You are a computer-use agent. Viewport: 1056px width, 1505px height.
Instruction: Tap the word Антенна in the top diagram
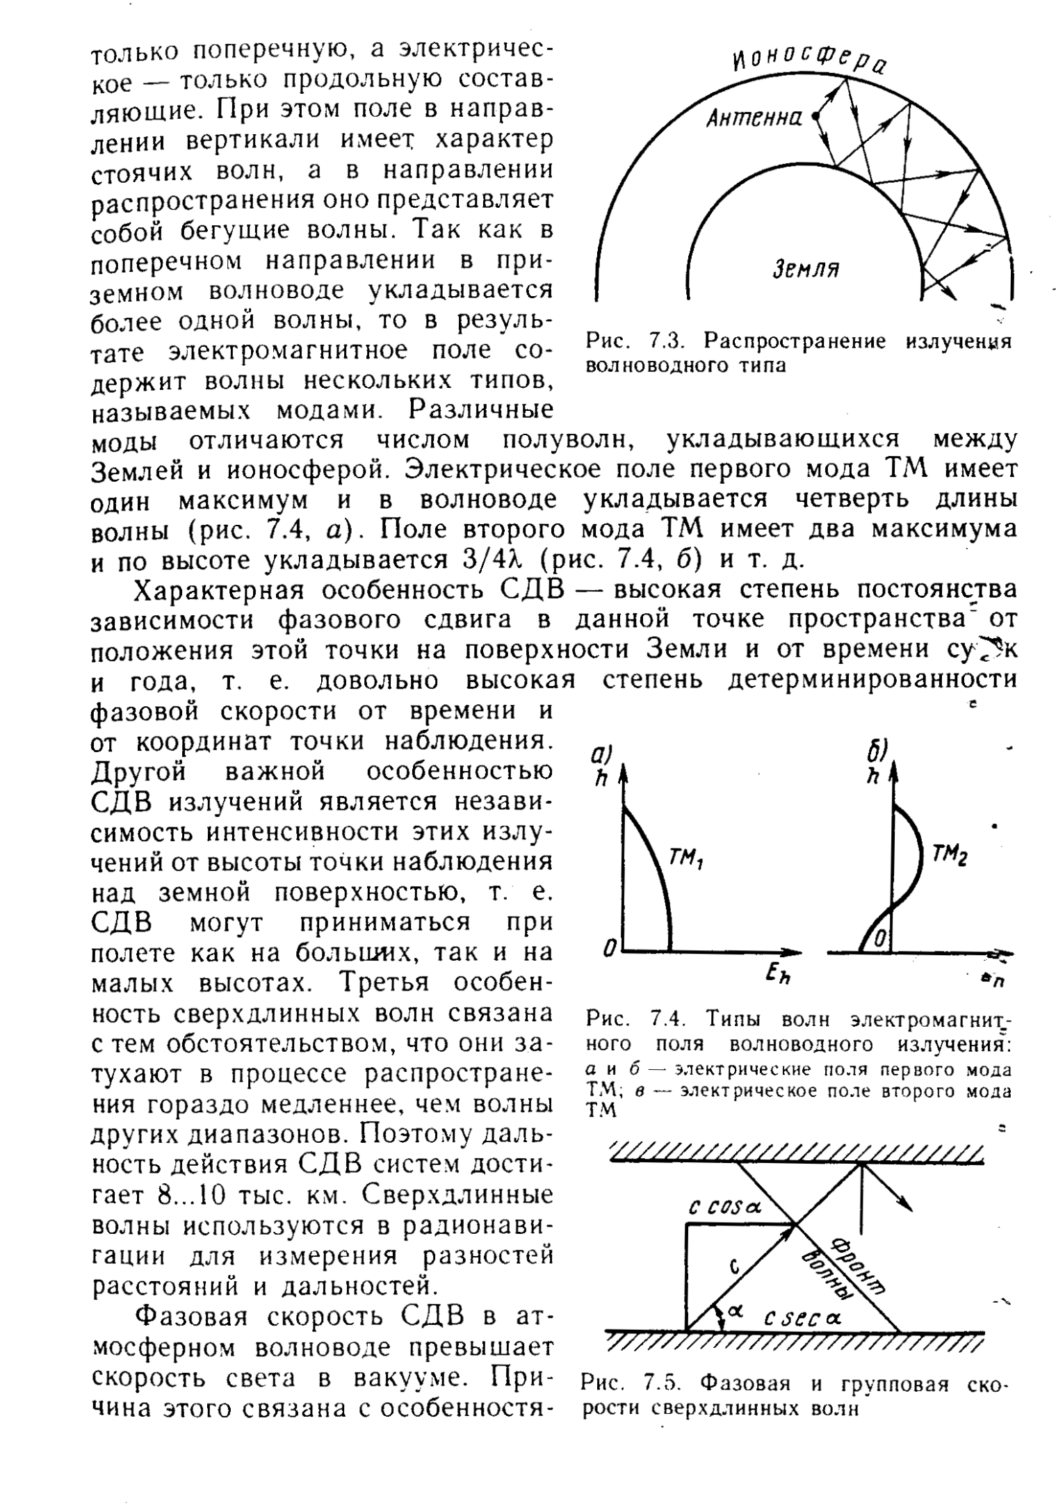coord(754,119)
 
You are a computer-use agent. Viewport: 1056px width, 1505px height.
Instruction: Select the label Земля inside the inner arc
coord(806,268)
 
